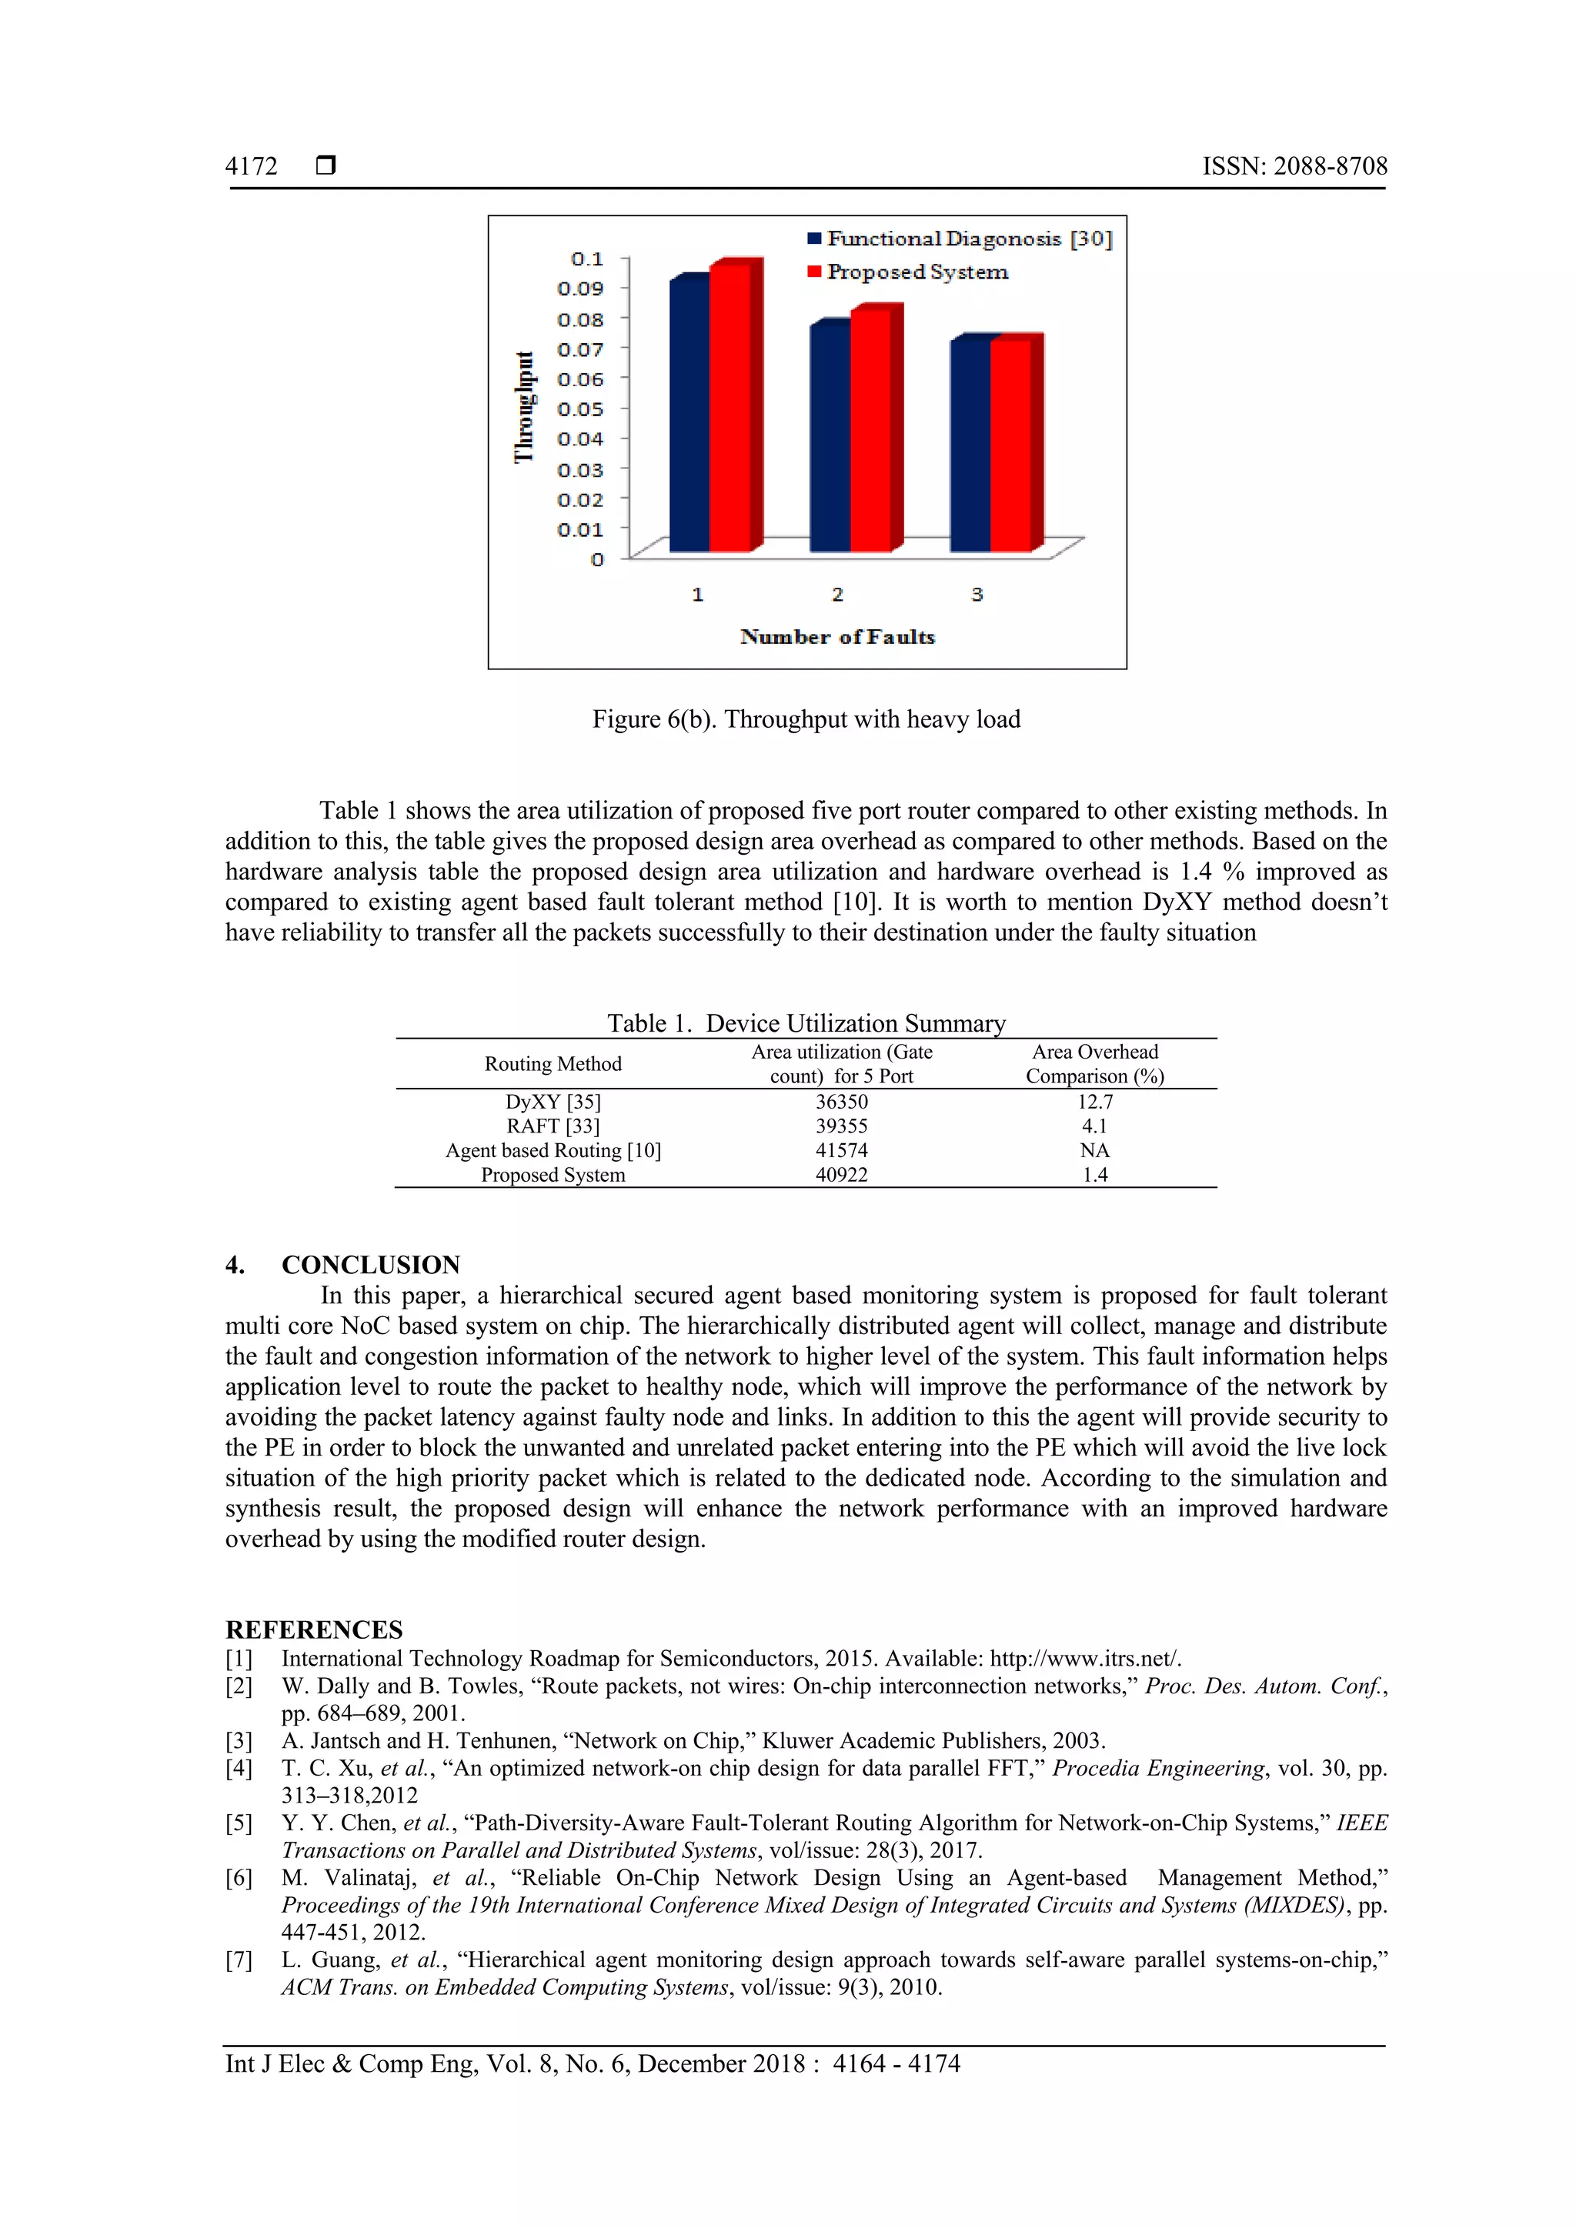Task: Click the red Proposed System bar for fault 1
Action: tap(730, 408)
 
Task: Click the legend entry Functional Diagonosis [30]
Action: tap(959, 238)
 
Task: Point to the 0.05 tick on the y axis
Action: tap(579, 409)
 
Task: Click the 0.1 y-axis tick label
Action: tap(586, 259)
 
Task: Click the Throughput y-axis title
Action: tap(524, 408)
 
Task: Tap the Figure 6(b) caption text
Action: tap(806, 719)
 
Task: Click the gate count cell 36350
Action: tap(840, 1102)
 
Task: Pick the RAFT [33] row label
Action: tap(553, 1126)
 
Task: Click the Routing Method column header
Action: tap(553, 1063)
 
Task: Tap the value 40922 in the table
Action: tap(840, 1174)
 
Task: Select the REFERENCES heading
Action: tap(313, 1629)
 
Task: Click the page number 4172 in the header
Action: tap(252, 166)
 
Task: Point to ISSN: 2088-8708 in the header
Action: tap(1294, 166)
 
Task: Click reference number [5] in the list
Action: tap(239, 1823)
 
